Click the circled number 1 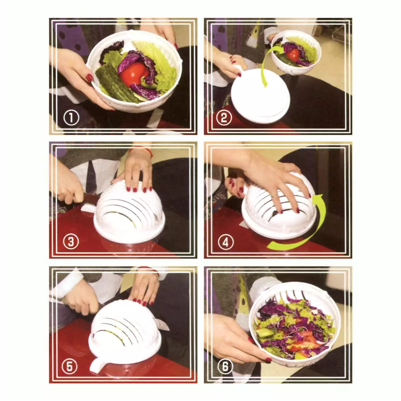(71, 118)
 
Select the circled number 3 (71, 242)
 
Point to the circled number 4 (225, 242)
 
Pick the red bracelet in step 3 (142, 151)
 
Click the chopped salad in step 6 (294, 323)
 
